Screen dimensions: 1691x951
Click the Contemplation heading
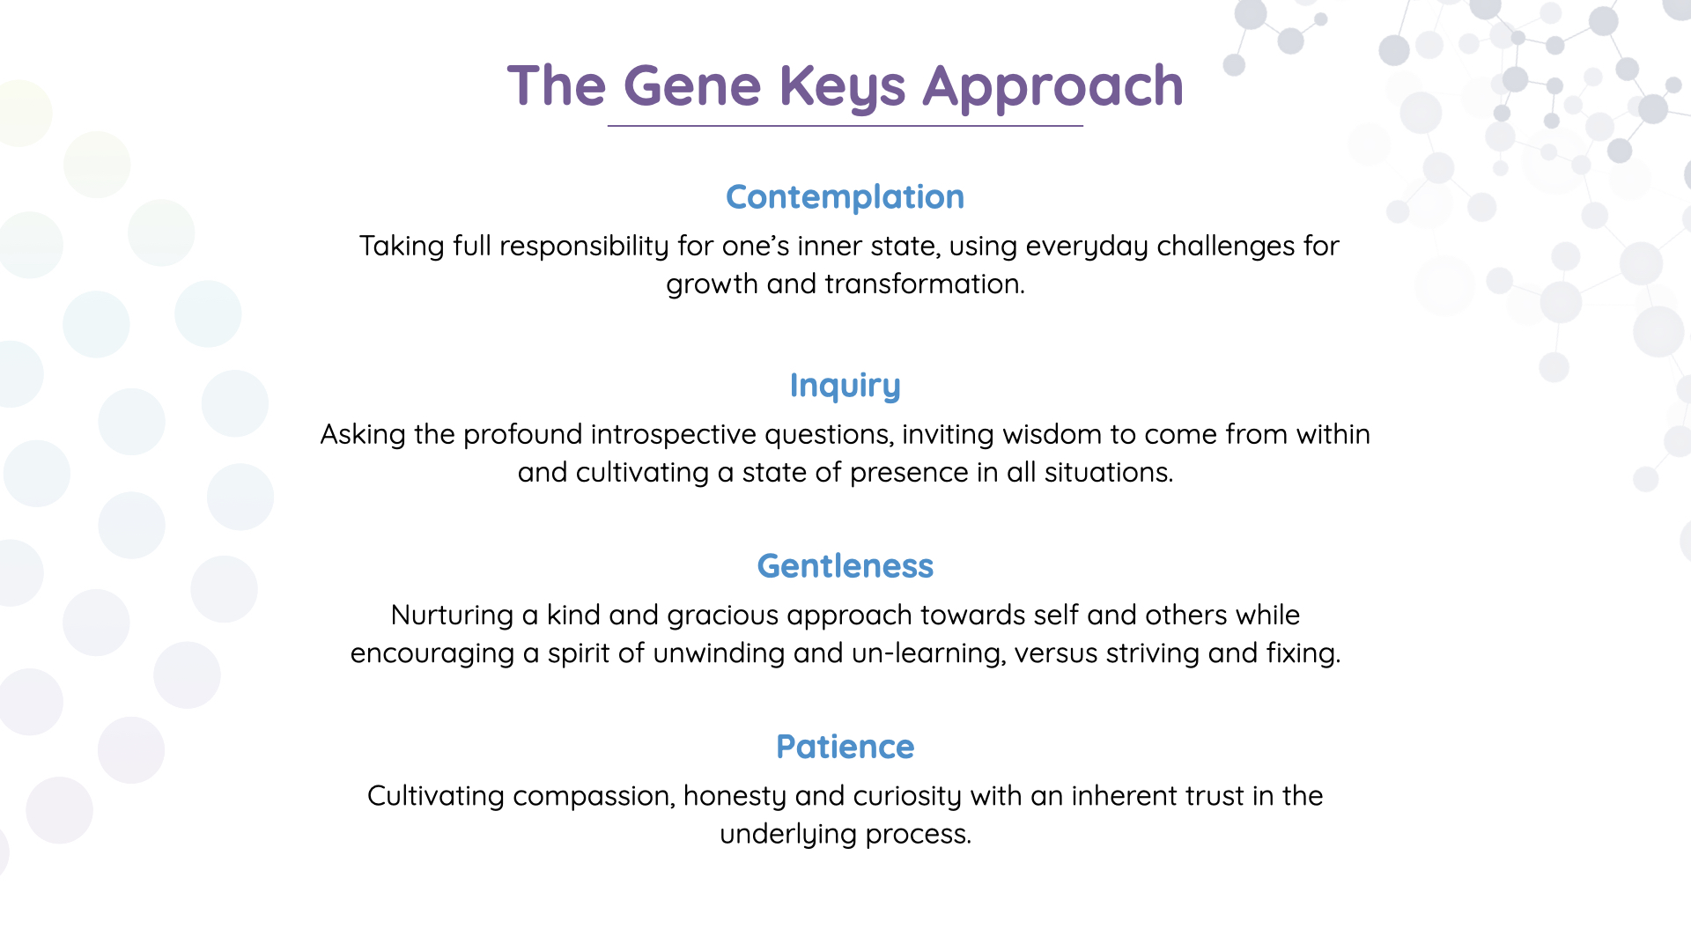click(x=845, y=197)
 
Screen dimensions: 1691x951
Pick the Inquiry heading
click(x=845, y=386)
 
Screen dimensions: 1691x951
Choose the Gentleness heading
click(x=845, y=566)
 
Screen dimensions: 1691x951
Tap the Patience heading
click(x=845, y=747)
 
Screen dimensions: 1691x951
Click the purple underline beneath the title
click(x=845, y=126)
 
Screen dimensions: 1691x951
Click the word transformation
click(x=925, y=284)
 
